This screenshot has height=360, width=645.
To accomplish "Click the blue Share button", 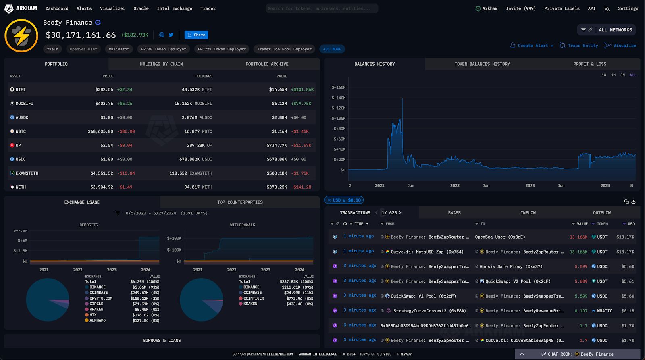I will pyautogui.click(x=196, y=35).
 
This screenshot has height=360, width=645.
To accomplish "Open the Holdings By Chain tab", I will pyautogui.click(x=161, y=64).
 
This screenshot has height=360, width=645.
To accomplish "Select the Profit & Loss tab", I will pyautogui.click(x=589, y=64).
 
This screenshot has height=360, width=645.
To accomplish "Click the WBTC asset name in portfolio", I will pyautogui.click(x=21, y=131).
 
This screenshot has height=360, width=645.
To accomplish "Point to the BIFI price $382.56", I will pyautogui.click(x=104, y=89).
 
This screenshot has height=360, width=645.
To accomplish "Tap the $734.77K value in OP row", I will pyautogui.click(x=277, y=145).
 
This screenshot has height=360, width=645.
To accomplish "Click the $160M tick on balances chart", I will pyautogui.click(x=338, y=87).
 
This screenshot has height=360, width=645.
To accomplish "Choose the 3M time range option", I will pyautogui.click(x=622, y=75).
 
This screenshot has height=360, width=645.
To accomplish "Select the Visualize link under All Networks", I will pyautogui.click(x=621, y=46).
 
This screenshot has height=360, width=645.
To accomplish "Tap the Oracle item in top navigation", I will pyautogui.click(x=141, y=8).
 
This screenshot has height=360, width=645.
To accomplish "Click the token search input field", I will pyautogui.click(x=322, y=8).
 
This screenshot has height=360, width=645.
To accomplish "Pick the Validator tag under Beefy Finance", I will pyautogui.click(x=119, y=49).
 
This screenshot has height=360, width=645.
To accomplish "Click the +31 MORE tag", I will pyautogui.click(x=332, y=49).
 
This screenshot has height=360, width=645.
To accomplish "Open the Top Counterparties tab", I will pyautogui.click(x=240, y=202).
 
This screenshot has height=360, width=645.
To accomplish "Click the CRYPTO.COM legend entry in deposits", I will pyautogui.click(x=101, y=298).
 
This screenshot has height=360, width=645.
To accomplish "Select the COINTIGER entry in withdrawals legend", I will pyautogui.click(x=254, y=298).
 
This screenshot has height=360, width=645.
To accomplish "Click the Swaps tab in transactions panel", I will pyautogui.click(x=454, y=213).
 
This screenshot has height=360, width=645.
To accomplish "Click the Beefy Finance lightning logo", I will pyautogui.click(x=21, y=35).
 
